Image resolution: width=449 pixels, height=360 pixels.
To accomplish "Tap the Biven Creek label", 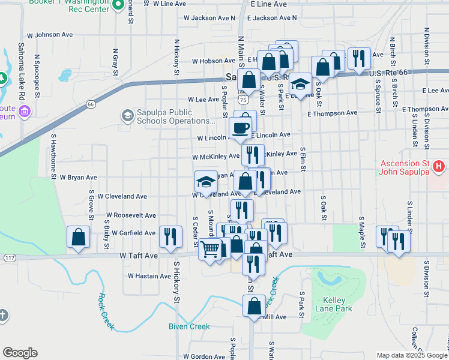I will point(189,326).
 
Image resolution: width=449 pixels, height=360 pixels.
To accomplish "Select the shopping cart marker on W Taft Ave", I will point(209,248).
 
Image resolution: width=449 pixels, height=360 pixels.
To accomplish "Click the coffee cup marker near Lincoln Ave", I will point(241,127).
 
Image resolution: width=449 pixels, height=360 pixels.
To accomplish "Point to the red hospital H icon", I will point(439,166).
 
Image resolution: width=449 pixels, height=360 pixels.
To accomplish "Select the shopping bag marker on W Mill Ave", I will point(254,305).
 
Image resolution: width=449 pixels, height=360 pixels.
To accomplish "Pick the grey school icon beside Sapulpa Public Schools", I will point(127,115).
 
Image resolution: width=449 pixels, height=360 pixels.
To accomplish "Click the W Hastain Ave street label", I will point(149,276).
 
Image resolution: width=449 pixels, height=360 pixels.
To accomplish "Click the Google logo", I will point(20,353).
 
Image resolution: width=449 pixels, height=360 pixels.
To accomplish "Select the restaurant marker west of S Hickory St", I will point(170,236).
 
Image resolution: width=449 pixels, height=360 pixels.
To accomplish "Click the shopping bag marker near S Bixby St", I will point(78,237).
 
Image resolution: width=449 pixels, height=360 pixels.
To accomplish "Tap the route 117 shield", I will point(8,257).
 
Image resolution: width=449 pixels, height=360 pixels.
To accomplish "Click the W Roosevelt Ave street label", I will point(130,215).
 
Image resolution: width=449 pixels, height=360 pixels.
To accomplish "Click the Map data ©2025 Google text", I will point(411,355).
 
